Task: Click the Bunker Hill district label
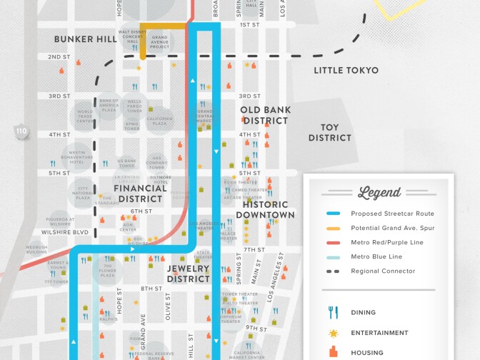pyautogui.click(x=86, y=39)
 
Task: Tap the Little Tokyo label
pyautogui.click(x=346, y=70)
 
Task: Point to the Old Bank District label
pyautogui.click(x=264, y=115)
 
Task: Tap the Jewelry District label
pyautogui.click(x=189, y=274)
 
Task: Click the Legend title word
pyautogui.click(x=379, y=192)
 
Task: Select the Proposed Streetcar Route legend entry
pyautogui.click(x=392, y=214)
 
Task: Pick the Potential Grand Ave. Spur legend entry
pyautogui.click(x=392, y=228)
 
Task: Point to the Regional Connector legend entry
pyautogui.click(x=382, y=271)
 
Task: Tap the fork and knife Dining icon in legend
pyautogui.click(x=332, y=312)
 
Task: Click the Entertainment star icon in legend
pyautogui.click(x=332, y=333)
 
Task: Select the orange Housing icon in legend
pyautogui.click(x=332, y=352)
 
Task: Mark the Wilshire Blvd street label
pyautogui.click(x=65, y=232)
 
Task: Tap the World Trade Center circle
pyautogui.click(x=85, y=116)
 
